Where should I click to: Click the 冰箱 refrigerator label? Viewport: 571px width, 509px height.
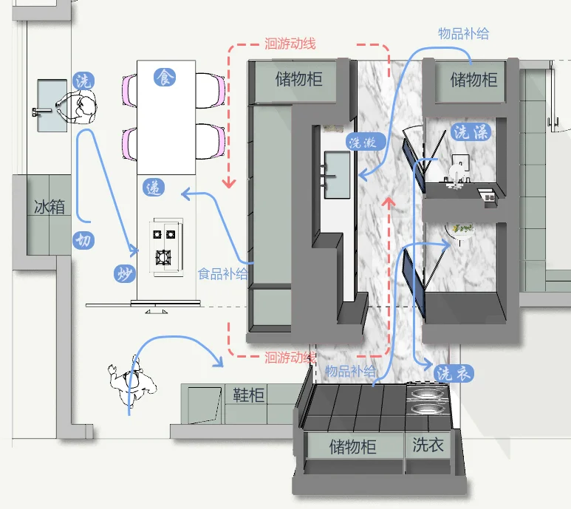(49, 206)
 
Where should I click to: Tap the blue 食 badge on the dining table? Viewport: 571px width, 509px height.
(164, 76)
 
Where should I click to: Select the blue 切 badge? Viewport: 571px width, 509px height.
(83, 240)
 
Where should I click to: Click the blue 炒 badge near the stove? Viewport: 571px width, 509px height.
(123, 274)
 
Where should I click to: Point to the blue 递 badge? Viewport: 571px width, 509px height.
(154, 188)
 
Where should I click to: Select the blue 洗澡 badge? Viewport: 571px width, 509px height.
(471, 132)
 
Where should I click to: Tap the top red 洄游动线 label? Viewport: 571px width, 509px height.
(290, 44)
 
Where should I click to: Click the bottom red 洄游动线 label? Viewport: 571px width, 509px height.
(290, 358)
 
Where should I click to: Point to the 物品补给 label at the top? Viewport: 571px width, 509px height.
(463, 34)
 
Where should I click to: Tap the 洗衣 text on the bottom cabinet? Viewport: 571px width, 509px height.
(428, 445)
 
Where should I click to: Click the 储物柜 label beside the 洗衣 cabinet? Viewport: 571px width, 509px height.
(352, 447)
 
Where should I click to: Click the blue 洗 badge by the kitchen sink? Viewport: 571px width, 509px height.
(83, 81)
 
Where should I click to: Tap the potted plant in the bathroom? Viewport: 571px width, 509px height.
(463, 229)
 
